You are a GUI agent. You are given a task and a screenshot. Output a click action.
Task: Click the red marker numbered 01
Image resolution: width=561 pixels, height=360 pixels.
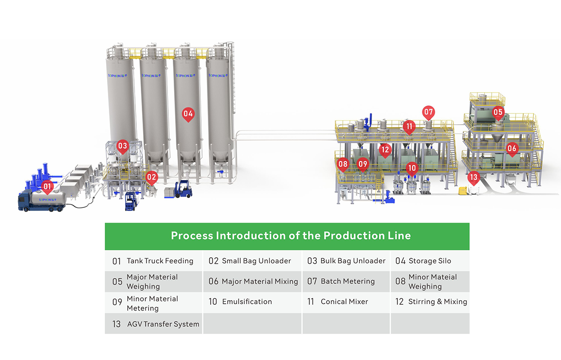[x=47, y=186]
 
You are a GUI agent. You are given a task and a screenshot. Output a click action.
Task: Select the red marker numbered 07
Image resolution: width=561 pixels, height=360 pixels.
[x=428, y=112]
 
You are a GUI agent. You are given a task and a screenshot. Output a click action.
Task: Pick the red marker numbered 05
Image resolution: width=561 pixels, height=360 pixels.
[x=498, y=112]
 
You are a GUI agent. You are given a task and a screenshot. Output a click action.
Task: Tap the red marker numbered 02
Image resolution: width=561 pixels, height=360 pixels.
[x=152, y=177]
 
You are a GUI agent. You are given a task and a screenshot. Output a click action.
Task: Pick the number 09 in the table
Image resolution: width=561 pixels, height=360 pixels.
[x=117, y=302]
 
